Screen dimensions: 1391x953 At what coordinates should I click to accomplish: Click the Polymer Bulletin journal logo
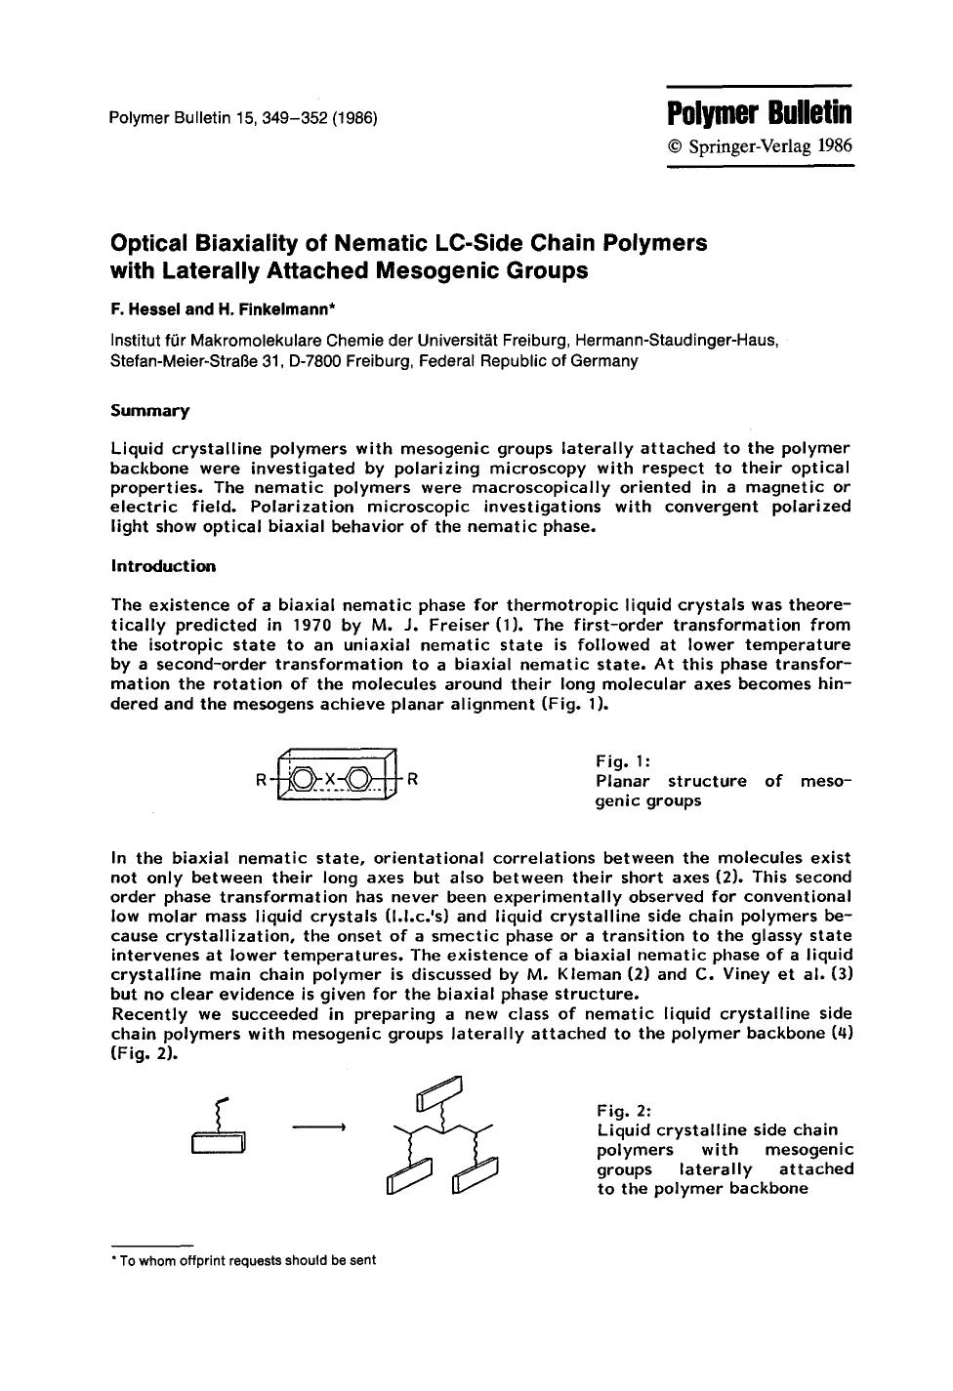point(760,113)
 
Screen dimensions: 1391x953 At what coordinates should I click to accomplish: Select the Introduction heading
point(163,566)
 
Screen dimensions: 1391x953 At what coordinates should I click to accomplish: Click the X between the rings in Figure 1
point(330,779)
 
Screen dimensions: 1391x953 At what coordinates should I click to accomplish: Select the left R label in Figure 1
point(261,780)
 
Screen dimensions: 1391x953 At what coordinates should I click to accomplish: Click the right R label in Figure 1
point(413,779)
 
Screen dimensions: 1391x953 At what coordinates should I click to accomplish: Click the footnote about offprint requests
point(244,1260)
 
